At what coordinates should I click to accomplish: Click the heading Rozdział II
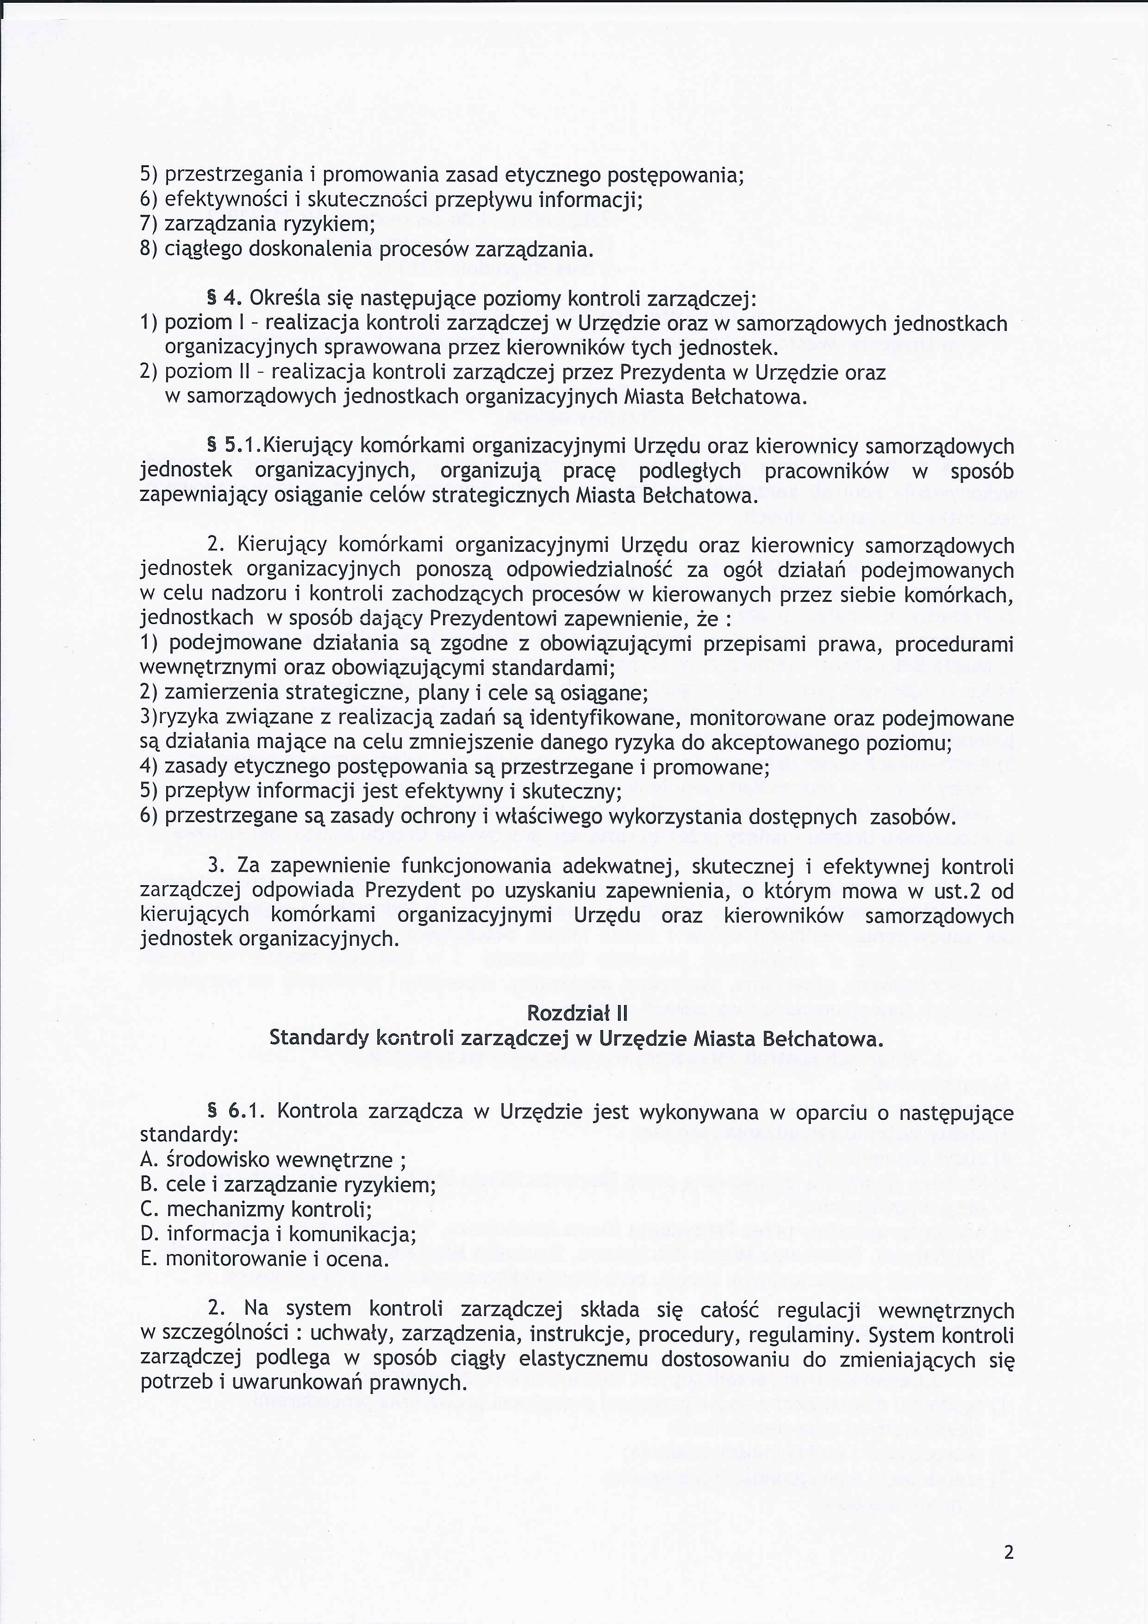[x=577, y=1013]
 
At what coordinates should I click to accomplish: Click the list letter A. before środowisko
[x=148, y=1160]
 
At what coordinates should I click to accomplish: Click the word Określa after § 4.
[x=283, y=298]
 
